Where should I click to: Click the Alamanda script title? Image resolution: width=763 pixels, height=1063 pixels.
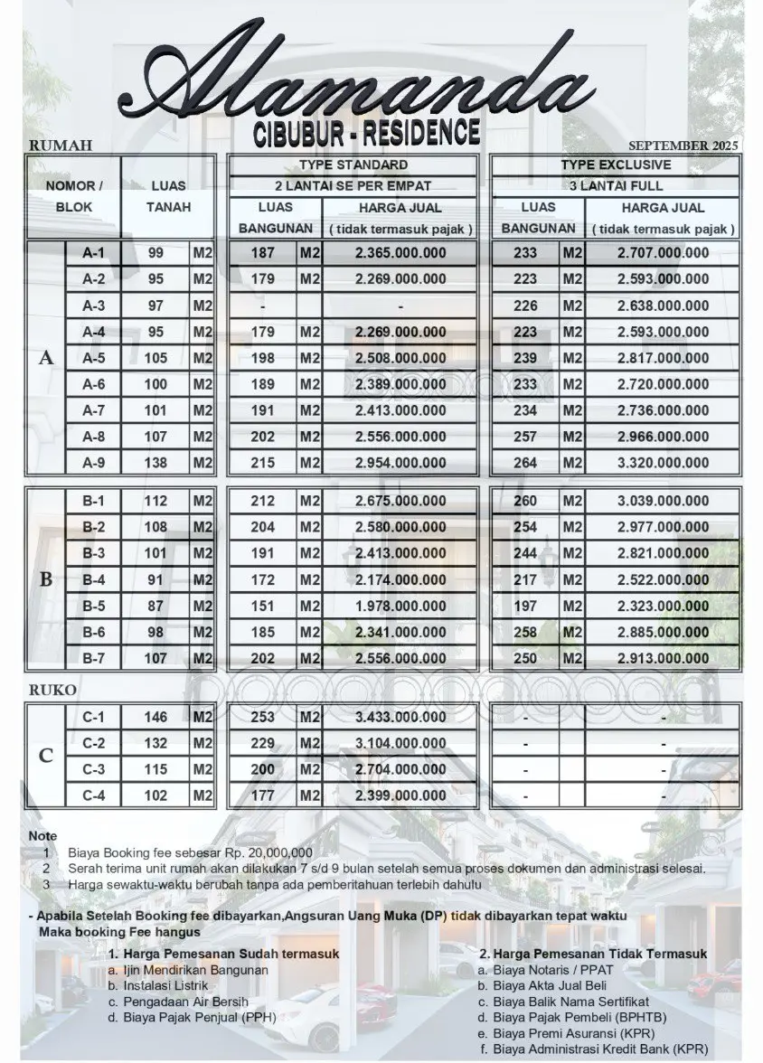coord(362,77)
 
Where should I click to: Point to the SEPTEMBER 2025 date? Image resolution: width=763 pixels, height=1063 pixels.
coord(683,146)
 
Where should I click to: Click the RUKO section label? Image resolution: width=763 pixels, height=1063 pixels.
coord(52,690)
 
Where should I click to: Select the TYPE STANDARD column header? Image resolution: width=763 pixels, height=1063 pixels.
coord(353,165)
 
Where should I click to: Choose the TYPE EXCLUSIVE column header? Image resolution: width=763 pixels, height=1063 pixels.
coord(616,165)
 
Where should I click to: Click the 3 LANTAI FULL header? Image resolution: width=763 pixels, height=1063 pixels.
coord(616,186)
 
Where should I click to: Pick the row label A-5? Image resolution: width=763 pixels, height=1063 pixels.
coord(94,358)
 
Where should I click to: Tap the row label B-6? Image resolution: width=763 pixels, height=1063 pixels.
coord(94,633)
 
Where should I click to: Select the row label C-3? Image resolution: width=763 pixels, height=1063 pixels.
coord(94,769)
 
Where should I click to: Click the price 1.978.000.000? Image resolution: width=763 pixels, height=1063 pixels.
coord(400,607)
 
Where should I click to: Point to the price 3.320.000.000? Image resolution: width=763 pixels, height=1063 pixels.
coord(663,464)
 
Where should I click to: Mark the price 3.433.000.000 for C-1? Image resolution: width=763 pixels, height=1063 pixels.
coord(400,718)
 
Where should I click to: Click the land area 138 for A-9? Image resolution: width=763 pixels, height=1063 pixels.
coord(155,464)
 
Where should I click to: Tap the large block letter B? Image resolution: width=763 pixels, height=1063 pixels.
coord(46,579)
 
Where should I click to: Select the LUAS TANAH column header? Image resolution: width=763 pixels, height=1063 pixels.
coord(168,196)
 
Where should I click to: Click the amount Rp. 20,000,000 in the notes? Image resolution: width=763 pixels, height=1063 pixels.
coord(268,852)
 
